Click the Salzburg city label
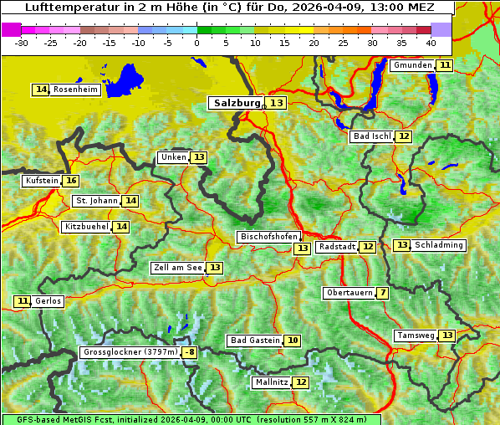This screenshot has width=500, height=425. click(x=237, y=103)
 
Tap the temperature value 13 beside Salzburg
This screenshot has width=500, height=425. click(x=277, y=103)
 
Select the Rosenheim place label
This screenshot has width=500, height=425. click(x=75, y=90)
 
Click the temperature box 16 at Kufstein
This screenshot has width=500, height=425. click(x=71, y=181)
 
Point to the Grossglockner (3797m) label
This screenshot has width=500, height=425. click(x=130, y=353)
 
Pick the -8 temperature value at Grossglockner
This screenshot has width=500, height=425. click(x=190, y=353)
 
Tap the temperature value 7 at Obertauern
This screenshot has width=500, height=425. click(x=382, y=293)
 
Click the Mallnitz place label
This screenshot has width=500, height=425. click(x=271, y=382)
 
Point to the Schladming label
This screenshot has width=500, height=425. click(x=439, y=245)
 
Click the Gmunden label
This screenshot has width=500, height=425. click(x=412, y=65)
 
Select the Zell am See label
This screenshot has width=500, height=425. click(x=177, y=268)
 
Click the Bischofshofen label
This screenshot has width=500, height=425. click(x=268, y=237)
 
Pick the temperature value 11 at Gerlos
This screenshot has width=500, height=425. click(x=23, y=301)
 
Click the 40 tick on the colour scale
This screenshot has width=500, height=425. click(x=431, y=43)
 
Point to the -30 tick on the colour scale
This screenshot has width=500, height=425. click(x=22, y=43)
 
